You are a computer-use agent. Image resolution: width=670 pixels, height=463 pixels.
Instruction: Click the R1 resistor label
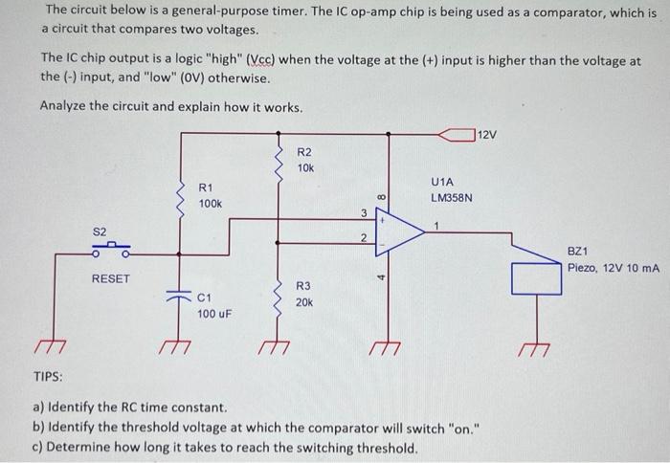click(x=206, y=187)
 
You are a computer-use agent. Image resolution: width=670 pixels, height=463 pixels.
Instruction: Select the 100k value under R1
click(x=210, y=204)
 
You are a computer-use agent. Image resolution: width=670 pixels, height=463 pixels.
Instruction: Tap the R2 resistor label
click(x=304, y=152)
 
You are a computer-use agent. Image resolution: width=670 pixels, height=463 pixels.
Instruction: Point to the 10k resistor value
click(x=305, y=168)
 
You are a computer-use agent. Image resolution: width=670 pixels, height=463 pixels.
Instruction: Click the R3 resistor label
click(x=302, y=285)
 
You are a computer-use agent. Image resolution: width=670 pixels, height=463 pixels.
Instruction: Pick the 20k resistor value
click(x=303, y=301)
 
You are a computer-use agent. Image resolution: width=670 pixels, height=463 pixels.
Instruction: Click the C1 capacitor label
click(x=206, y=297)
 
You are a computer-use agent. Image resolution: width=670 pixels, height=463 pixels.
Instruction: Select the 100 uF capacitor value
click(x=215, y=314)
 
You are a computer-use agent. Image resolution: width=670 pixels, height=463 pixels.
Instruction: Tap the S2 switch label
click(x=100, y=231)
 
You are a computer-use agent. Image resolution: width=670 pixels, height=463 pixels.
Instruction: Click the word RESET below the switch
click(x=110, y=278)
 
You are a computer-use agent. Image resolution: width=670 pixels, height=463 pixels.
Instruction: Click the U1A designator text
click(x=442, y=181)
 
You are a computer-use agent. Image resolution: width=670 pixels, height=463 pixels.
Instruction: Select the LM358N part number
click(x=452, y=198)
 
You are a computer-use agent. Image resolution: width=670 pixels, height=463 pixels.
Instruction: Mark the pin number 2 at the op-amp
click(x=364, y=237)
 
